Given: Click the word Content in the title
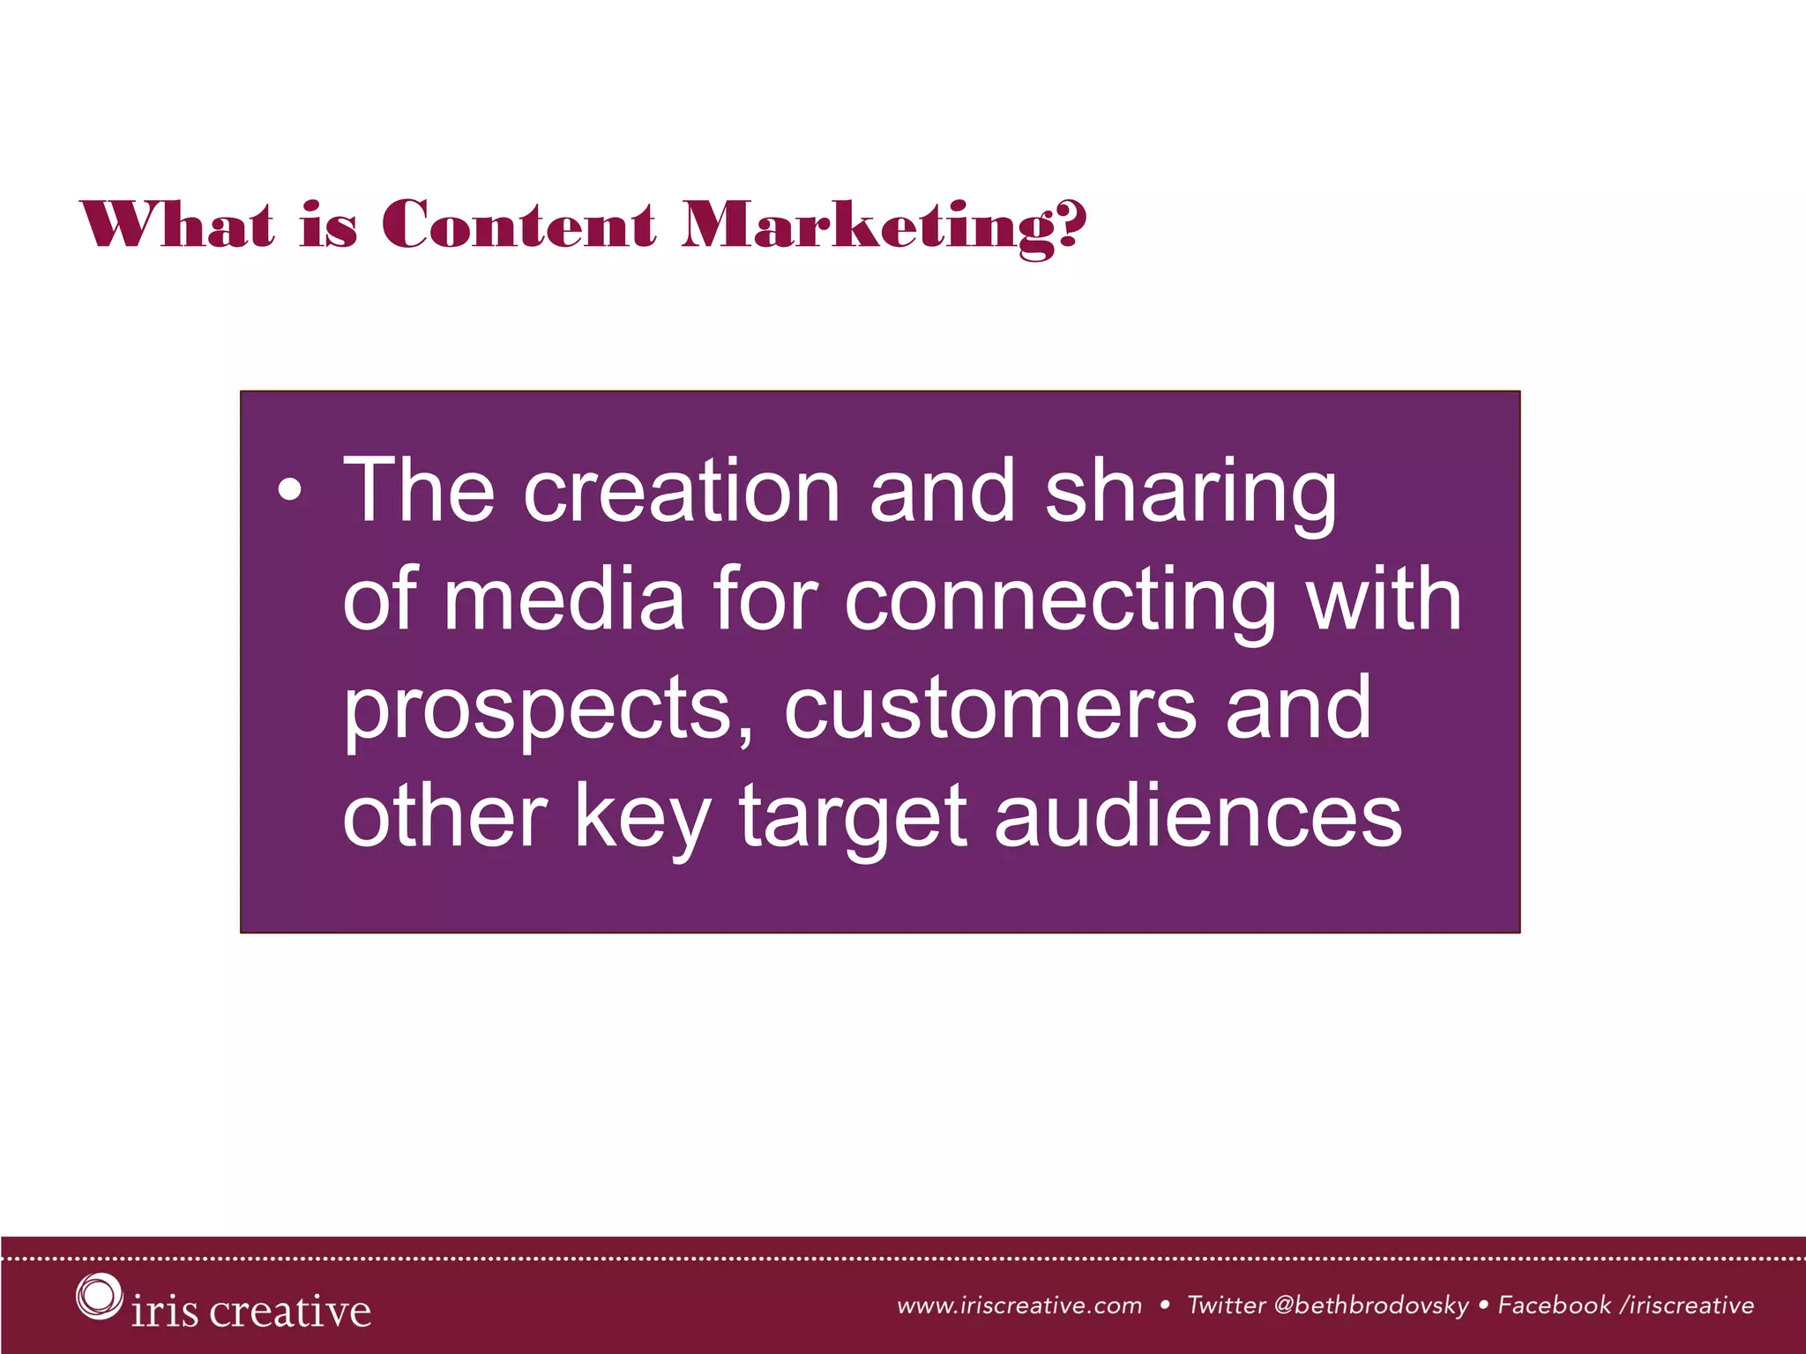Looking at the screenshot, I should pyautogui.click(x=519, y=225).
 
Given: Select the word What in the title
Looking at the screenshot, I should pyautogui.click(x=177, y=225).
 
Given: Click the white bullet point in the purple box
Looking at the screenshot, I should pyautogui.click(x=289, y=490).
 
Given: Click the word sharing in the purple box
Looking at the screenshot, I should pyautogui.click(x=1190, y=494).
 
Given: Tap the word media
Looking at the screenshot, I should pyautogui.click(x=564, y=600).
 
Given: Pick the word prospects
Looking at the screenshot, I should pyautogui.click(x=538, y=710).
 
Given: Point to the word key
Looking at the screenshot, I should pyautogui.click(x=642, y=818).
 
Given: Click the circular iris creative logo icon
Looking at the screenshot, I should pyautogui.click(x=98, y=1297).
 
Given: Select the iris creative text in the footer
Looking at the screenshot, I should pyautogui.click(x=251, y=1311).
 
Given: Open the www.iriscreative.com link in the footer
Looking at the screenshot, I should pyautogui.click(x=1019, y=1306).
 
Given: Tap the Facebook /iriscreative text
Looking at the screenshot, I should pyautogui.click(x=1625, y=1306).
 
